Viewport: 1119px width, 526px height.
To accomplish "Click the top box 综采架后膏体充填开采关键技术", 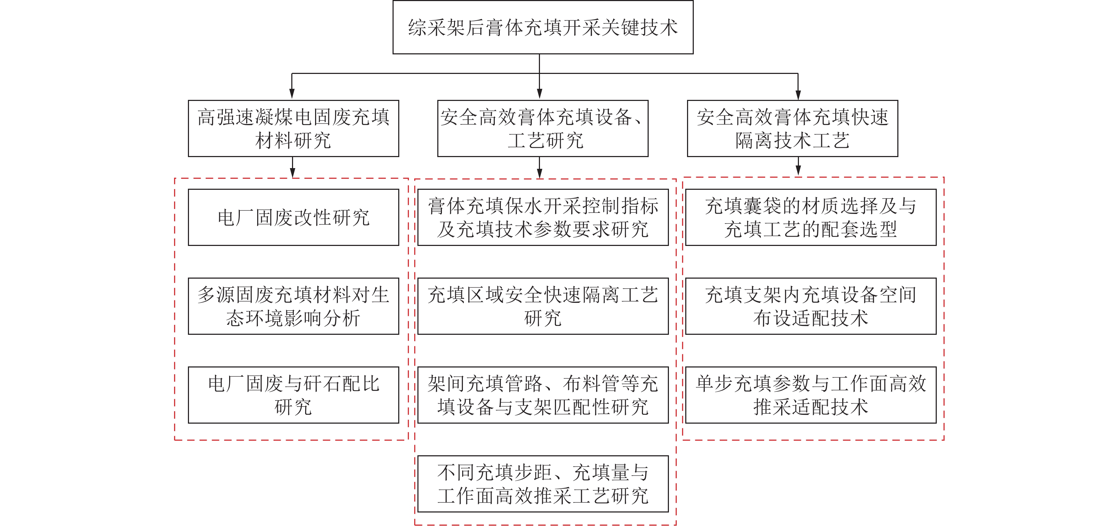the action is tap(543, 27).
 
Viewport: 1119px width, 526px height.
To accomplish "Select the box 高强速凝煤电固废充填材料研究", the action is tap(293, 128).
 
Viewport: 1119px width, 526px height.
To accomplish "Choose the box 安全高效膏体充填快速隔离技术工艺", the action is tap(792, 128).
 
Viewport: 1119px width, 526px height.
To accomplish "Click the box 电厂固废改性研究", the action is tap(293, 218).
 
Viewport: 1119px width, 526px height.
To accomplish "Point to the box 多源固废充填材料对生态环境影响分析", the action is tap(293, 306).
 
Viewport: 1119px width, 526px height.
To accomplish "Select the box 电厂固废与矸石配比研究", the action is tap(293, 395).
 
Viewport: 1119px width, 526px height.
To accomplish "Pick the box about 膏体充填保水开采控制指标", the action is tap(543, 218).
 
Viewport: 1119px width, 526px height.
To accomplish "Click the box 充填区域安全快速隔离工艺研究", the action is tap(543, 306).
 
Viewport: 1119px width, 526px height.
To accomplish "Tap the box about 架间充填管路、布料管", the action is tap(543, 395).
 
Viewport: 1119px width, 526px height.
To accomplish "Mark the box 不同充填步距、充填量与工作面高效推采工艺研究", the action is tap(543, 484).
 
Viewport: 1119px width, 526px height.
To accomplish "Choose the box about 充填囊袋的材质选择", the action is tap(811, 218).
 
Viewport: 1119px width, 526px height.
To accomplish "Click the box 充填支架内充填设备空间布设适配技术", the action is tap(811, 306).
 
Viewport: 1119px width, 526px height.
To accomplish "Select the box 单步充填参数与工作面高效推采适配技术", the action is tap(811, 395).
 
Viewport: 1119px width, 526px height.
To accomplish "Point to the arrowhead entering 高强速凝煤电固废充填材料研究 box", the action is tap(292, 94).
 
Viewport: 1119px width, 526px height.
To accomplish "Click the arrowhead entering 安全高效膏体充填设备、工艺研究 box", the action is tap(540, 94).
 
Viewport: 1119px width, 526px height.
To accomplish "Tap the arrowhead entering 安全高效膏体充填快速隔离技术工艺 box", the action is tap(798, 94).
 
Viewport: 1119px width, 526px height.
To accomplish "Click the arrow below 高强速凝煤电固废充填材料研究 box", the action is tap(293, 167).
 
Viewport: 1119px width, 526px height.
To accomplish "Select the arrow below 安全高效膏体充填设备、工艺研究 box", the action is tap(540, 167).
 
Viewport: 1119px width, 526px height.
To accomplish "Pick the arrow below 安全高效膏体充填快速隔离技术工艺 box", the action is tap(798, 166).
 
